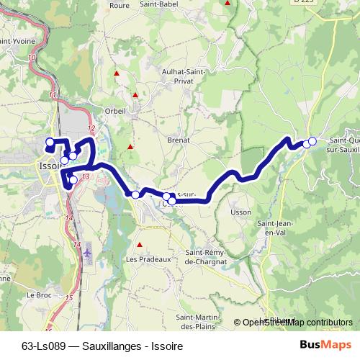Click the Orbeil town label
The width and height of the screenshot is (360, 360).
coord(115,110)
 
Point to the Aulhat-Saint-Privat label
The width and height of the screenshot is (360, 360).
coord(186,77)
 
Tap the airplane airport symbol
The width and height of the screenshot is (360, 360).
coord(88,253)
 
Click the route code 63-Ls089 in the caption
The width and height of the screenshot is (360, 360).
coord(40,346)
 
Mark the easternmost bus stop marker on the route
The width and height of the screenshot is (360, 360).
coord(312,142)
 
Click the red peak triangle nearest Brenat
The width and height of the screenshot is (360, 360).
coord(130,147)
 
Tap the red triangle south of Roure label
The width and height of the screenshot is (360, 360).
coord(115,73)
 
